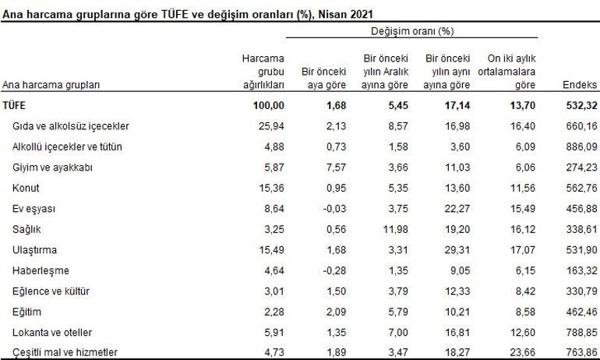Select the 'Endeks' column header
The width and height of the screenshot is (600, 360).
[578, 85]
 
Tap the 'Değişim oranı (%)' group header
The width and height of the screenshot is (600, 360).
[412, 31]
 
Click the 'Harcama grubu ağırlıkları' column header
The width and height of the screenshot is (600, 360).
[263, 72]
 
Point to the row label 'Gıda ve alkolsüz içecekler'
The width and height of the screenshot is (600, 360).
[71, 125]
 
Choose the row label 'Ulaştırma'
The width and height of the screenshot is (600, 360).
[36, 249]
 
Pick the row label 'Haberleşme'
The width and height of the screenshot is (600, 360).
[41, 270]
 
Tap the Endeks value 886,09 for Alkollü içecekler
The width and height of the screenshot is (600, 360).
[579, 146]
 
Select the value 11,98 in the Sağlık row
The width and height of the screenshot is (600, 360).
[394, 229]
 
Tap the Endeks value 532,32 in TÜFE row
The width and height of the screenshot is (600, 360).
[579, 105]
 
